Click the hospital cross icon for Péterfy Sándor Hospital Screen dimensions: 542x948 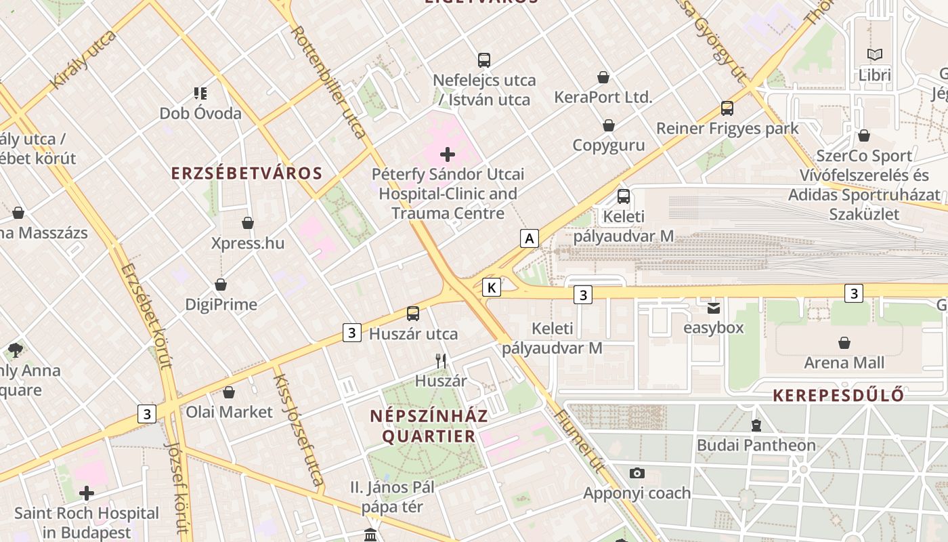click(x=448, y=154)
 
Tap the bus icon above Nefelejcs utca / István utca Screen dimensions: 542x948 click(x=483, y=60)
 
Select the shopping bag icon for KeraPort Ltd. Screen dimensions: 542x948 click(x=603, y=78)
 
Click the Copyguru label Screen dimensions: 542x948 click(x=608, y=145)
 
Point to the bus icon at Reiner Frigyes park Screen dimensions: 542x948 click(x=727, y=108)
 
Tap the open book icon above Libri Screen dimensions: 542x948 click(x=875, y=54)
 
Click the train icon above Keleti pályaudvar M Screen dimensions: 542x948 click(x=623, y=197)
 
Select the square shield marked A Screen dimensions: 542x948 click(x=530, y=238)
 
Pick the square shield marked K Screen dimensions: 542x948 click(x=492, y=288)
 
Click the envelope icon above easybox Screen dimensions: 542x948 click(x=714, y=308)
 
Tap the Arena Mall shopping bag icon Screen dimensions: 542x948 click(x=844, y=343)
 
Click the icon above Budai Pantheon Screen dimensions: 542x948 click(x=756, y=425)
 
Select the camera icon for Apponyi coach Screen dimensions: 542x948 click(x=637, y=474)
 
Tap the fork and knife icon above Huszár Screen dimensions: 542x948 click(x=441, y=361)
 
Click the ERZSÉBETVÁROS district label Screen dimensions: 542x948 click(x=246, y=173)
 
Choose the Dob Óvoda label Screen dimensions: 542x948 click(x=200, y=113)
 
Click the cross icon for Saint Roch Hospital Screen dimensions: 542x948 click(x=86, y=493)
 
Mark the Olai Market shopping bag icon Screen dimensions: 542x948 click(x=229, y=392)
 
